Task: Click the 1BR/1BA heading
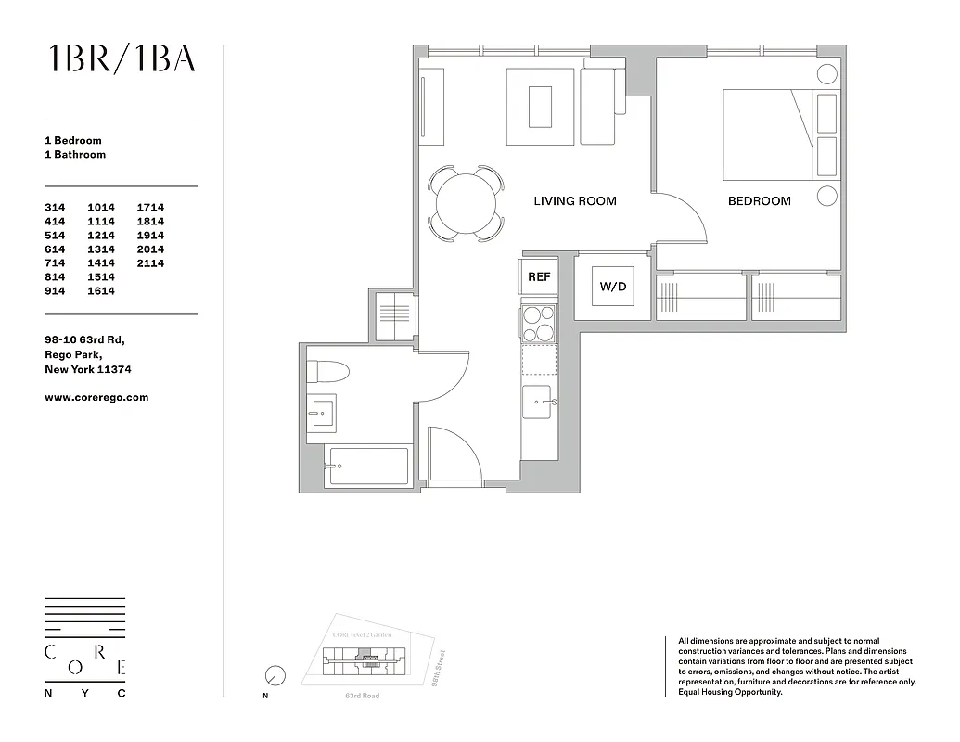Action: (122, 58)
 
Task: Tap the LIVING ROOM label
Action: (574, 201)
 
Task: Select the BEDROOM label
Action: (759, 201)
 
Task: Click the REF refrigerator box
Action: (538, 276)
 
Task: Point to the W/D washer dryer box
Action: (612, 287)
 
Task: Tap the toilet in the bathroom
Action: (326, 373)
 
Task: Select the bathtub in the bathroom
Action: (367, 467)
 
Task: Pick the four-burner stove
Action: (538, 324)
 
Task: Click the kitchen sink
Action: (538, 403)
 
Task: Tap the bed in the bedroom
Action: (768, 134)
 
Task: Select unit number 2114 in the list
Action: (150, 263)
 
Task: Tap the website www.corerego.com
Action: (96, 397)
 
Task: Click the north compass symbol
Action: (275, 675)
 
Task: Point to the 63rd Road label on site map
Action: (362, 696)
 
